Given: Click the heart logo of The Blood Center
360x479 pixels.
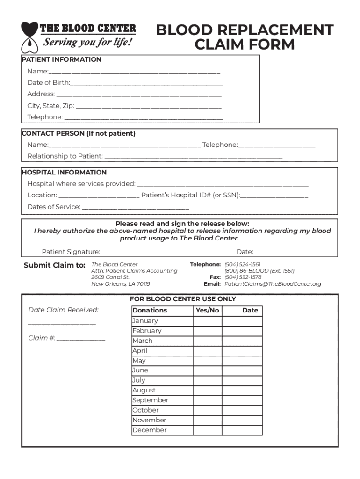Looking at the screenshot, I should pyautogui.click(x=29, y=36).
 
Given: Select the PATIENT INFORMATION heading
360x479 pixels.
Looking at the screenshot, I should pyautogui.click(x=62, y=59).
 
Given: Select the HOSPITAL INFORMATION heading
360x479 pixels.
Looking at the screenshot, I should pyautogui.click(x=65, y=172).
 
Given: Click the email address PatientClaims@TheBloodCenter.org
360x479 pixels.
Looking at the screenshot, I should pyautogui.click(x=273, y=284).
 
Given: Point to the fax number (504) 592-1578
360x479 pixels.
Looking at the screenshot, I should pyautogui.click(x=243, y=277).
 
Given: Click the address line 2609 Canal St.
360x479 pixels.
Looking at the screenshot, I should pyautogui.click(x=110, y=277).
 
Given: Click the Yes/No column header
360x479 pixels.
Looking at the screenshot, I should pyautogui.click(x=207, y=311).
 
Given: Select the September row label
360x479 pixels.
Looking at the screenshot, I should pyautogui.click(x=150, y=400).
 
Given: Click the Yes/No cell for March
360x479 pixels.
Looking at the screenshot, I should pyautogui.click(x=207, y=341).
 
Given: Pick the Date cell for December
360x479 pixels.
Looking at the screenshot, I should pyautogui.click(x=250, y=430).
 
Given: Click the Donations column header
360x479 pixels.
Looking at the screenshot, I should pyautogui.click(x=150, y=311).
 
